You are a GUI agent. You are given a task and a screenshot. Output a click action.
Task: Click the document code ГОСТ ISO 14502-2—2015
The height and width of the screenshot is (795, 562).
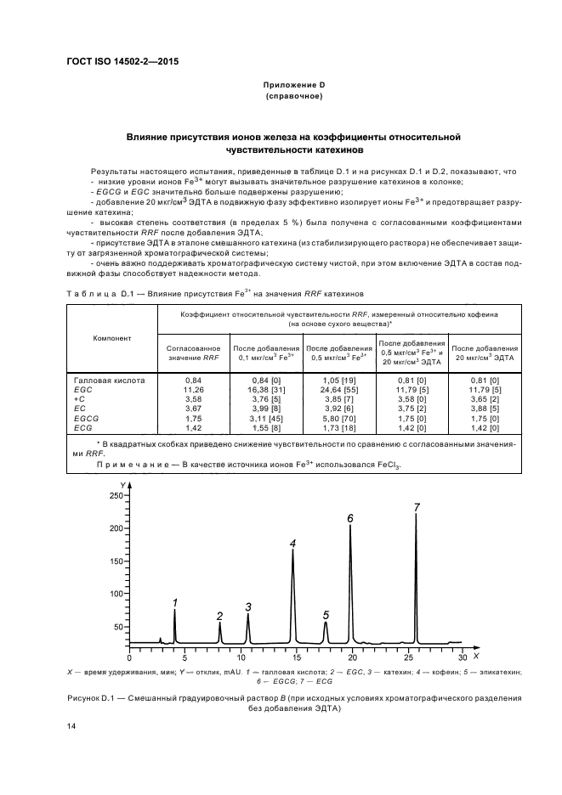(122, 62)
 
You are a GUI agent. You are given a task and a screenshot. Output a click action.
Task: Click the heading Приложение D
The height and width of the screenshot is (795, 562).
(293, 86)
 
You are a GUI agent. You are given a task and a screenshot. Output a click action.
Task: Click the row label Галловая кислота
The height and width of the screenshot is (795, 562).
(110, 380)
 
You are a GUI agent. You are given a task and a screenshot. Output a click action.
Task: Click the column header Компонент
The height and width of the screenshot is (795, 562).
(112, 338)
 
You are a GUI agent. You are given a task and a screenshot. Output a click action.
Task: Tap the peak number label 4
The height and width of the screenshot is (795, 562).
(292, 543)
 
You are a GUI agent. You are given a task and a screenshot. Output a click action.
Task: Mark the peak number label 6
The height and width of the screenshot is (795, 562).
(349, 517)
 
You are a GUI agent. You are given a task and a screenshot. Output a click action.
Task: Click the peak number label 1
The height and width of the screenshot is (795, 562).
(174, 602)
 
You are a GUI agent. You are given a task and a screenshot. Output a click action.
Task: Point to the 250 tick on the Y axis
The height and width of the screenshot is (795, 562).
(114, 495)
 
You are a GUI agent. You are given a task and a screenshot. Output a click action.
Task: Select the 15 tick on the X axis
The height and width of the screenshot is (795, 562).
(295, 657)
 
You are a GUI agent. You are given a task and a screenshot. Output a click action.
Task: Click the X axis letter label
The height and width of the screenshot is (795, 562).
(476, 657)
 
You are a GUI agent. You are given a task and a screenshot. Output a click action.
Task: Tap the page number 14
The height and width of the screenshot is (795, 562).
(71, 726)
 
